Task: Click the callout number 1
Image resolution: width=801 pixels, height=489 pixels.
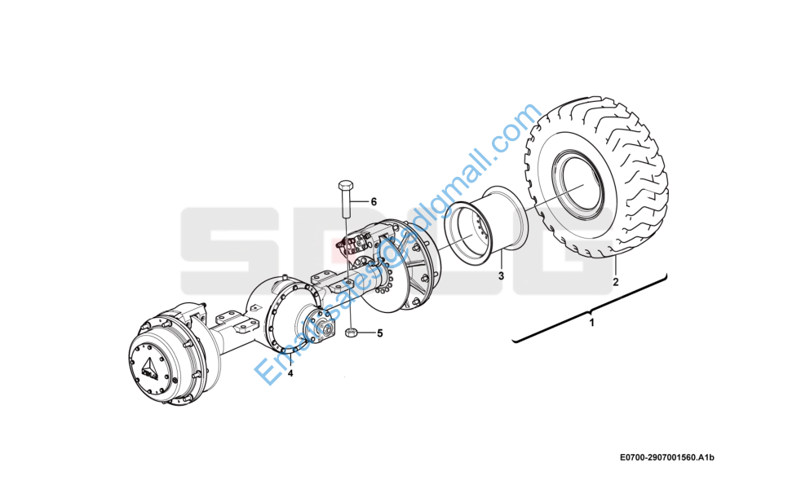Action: tap(592, 324)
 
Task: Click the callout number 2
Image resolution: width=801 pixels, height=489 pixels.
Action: tap(616, 283)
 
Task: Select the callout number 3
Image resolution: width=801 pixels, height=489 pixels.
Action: tap(502, 276)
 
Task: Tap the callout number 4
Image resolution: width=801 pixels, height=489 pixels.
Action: tap(290, 374)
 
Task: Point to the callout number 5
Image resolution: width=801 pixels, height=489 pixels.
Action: tap(379, 333)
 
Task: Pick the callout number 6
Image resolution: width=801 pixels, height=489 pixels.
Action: tap(374, 201)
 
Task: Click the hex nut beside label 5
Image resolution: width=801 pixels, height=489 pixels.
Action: tap(351, 333)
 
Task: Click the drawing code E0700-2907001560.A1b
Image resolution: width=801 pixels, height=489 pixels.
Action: tap(666, 460)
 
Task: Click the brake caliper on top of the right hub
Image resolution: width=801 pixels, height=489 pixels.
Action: tap(359, 244)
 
